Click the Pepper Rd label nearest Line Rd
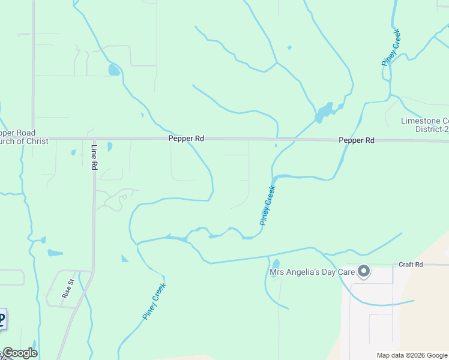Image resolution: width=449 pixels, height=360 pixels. click(x=186, y=139)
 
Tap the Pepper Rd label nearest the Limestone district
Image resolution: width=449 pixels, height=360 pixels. click(x=357, y=140)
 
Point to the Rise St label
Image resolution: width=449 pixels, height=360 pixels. click(x=68, y=289)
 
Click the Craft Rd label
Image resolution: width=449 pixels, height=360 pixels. click(x=411, y=265)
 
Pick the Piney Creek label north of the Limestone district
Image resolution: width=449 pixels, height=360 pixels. click(x=391, y=47)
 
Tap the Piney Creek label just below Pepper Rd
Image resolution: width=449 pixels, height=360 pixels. click(x=268, y=206)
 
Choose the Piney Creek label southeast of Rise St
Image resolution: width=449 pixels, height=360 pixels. click(x=154, y=301)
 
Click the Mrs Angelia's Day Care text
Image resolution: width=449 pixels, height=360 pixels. click(x=312, y=273)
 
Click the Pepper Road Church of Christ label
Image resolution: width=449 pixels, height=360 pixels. click(x=18, y=137)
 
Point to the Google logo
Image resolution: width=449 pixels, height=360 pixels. click(x=19, y=353)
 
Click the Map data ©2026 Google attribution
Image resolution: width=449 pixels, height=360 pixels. click(x=411, y=355)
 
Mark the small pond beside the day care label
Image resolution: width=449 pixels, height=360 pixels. click(x=276, y=263)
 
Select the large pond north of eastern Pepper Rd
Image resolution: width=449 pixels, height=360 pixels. click(x=324, y=111)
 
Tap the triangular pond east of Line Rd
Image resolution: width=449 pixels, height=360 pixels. click(x=124, y=259)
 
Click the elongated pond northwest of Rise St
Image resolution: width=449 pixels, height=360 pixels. click(x=55, y=253)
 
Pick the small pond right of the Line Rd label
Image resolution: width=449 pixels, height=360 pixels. click(x=109, y=146)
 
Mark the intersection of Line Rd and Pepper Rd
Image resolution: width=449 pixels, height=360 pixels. click(x=94, y=139)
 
